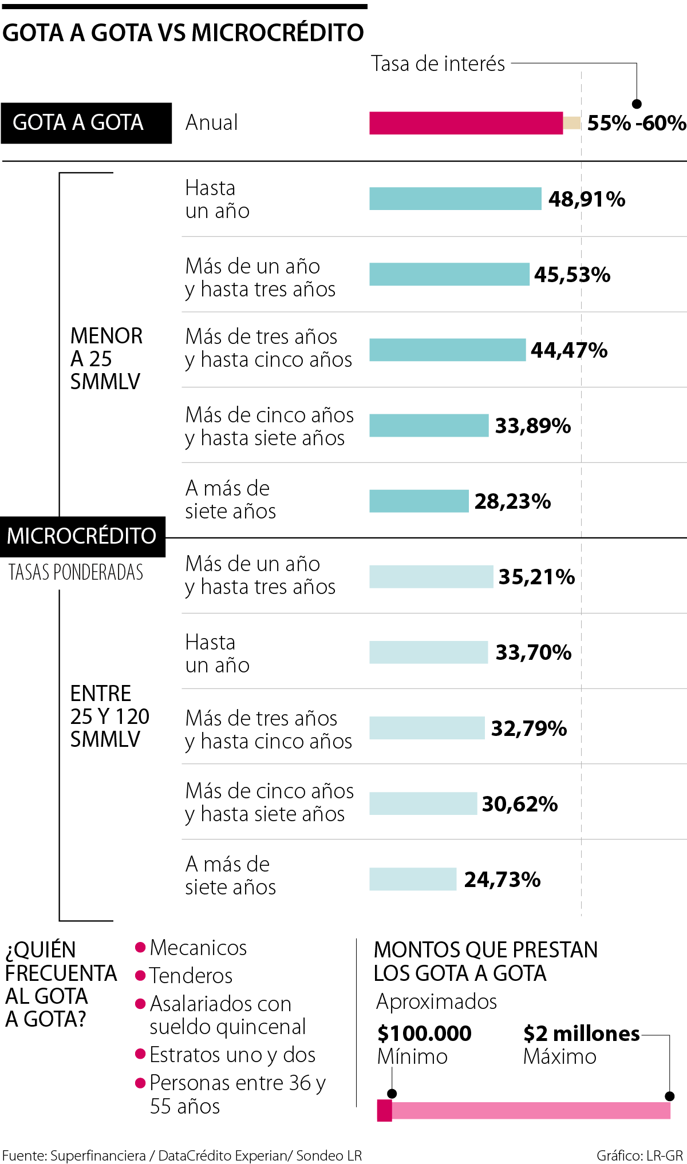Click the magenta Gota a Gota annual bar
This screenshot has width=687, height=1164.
click(x=465, y=123)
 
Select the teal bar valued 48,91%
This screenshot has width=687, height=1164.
click(x=455, y=199)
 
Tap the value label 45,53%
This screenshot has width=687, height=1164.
click(x=572, y=275)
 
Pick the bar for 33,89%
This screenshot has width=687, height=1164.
click(x=429, y=425)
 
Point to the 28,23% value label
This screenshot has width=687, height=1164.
click(x=512, y=501)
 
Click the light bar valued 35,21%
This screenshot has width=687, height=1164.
click(x=431, y=576)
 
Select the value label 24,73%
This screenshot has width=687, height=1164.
click(x=502, y=880)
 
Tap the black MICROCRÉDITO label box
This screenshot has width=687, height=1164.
click(x=82, y=536)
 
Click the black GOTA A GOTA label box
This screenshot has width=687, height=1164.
click(x=86, y=122)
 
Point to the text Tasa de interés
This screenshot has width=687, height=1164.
click(x=438, y=64)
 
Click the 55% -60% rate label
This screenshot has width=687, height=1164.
click(x=636, y=123)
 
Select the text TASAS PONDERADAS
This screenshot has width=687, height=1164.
click(x=76, y=572)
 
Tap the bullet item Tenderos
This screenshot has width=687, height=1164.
click(x=191, y=976)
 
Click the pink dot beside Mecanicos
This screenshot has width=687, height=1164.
click(x=140, y=947)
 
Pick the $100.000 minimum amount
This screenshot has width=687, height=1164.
click(x=424, y=1034)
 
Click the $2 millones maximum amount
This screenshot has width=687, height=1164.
click(x=581, y=1034)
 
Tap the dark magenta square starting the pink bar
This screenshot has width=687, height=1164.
click(x=384, y=1111)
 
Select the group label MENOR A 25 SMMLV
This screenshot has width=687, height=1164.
click(x=106, y=359)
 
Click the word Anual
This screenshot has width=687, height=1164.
click(x=211, y=123)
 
